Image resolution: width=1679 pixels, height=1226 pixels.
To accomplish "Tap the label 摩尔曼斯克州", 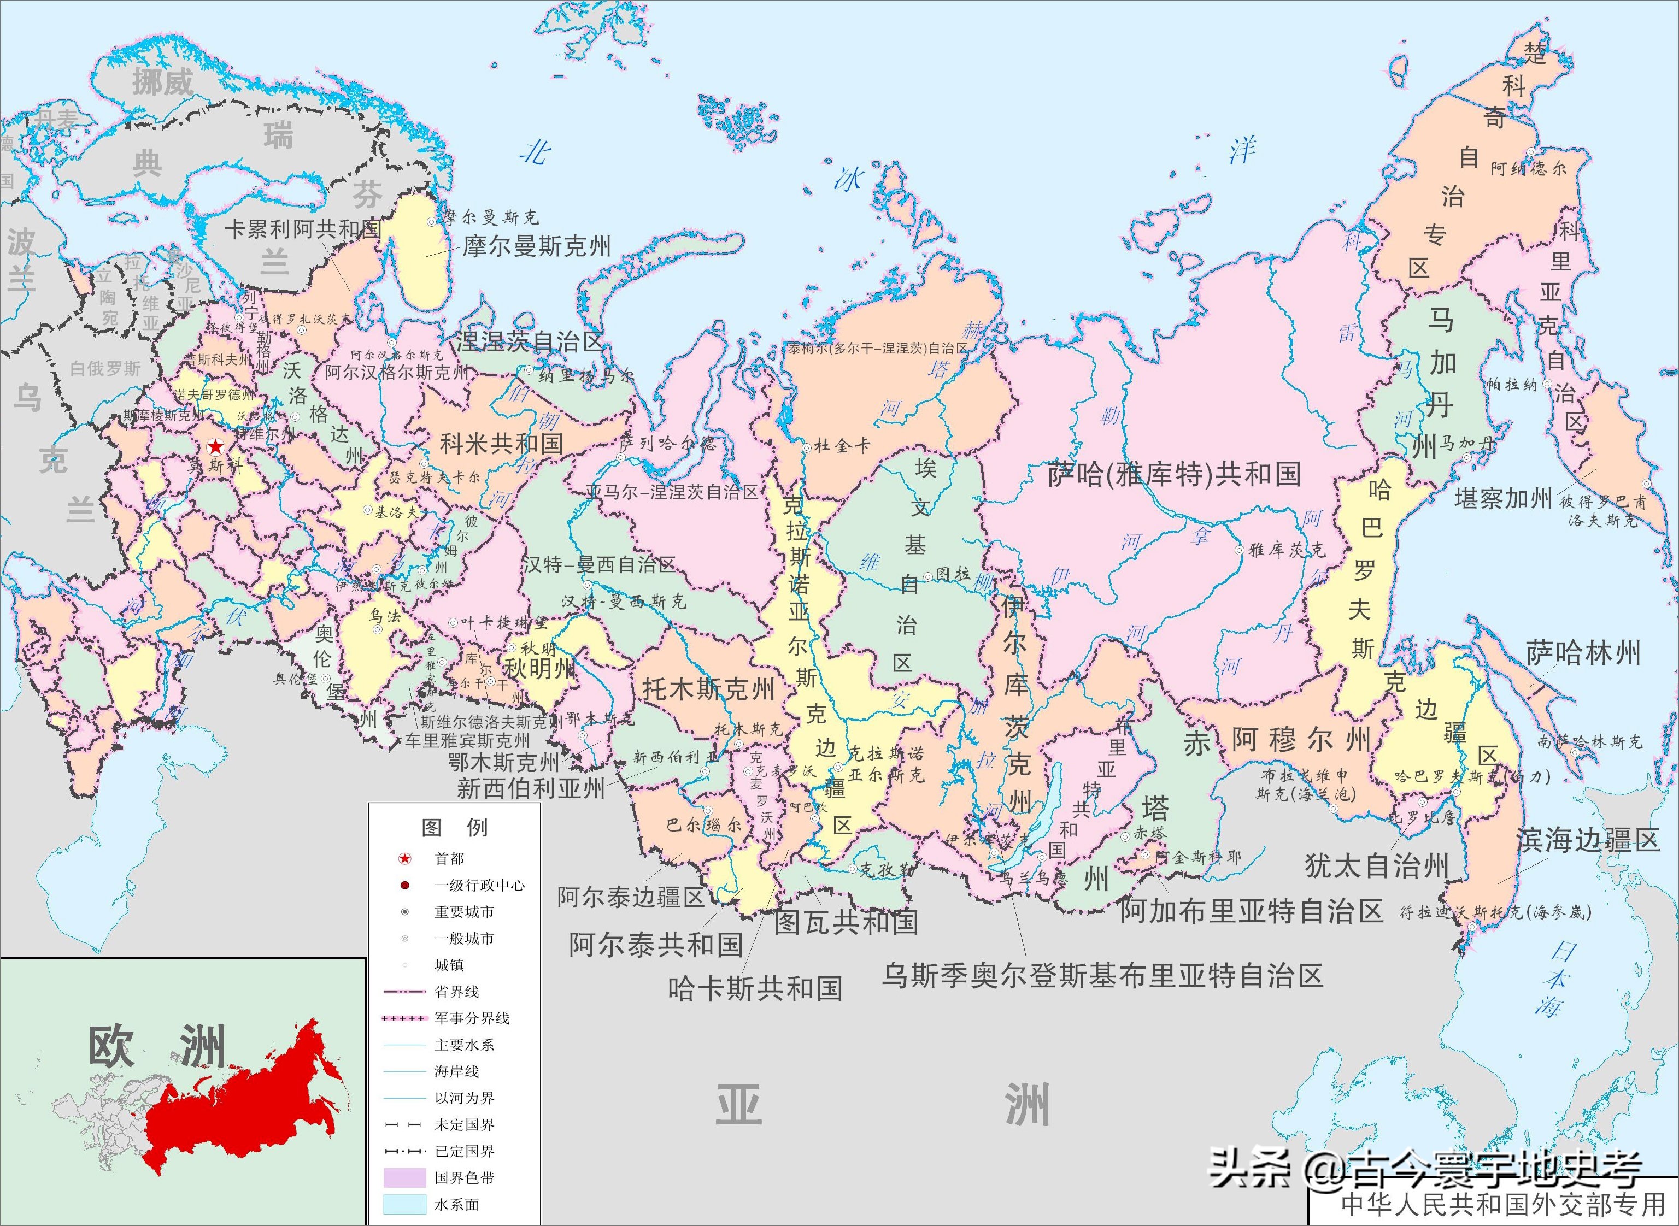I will click(x=537, y=246).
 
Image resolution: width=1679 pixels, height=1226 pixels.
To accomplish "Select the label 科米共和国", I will click(x=501, y=444).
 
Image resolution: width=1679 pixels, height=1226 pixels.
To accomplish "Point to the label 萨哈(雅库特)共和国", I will click(x=1174, y=474).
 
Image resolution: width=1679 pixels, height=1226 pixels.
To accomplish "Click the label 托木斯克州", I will click(x=708, y=689).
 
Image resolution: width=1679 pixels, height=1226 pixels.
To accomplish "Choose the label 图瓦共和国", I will click(x=846, y=922).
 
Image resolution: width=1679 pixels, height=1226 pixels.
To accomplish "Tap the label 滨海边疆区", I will click(x=1587, y=840).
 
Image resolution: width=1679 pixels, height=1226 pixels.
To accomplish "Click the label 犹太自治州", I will click(x=1377, y=865).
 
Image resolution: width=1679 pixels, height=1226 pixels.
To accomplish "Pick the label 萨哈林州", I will click(x=1583, y=653).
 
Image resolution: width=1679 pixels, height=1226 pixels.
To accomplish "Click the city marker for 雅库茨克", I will click(x=1239, y=550).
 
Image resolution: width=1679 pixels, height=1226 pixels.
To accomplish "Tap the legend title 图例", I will click(x=454, y=828).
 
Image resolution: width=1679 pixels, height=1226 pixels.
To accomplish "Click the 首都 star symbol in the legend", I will click(x=404, y=859).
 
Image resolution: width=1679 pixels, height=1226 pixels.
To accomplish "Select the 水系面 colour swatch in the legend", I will click(x=404, y=1204).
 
